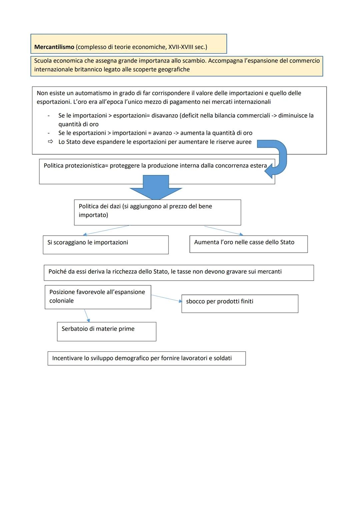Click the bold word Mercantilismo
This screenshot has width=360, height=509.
click(x=54, y=47)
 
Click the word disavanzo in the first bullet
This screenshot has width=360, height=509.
click(x=165, y=116)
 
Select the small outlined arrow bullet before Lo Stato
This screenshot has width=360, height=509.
click(x=50, y=142)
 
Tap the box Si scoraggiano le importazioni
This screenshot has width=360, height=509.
click(x=105, y=245)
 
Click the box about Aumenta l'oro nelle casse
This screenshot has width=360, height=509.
click(x=248, y=244)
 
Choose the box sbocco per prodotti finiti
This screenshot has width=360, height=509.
click(x=240, y=303)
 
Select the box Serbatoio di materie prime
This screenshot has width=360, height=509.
click(x=106, y=331)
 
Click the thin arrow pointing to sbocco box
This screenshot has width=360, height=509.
click(x=166, y=298)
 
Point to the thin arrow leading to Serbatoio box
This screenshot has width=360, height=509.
click(x=87, y=315)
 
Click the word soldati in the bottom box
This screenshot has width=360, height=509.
click(x=223, y=358)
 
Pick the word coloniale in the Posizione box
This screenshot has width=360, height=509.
click(x=61, y=301)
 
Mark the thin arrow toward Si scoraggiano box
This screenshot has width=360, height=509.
click(x=106, y=230)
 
